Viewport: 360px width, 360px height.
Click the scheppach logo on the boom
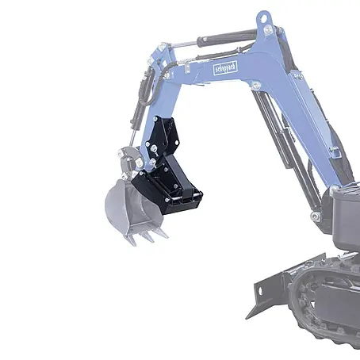pos(225,68)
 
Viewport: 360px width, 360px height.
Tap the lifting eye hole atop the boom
pos(263,19)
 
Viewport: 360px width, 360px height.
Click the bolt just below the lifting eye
pos(268,29)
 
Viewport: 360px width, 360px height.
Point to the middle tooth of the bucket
pos(147,236)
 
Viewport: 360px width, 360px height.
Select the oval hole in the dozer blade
pos(260,292)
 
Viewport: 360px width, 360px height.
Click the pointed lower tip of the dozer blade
pos(246,319)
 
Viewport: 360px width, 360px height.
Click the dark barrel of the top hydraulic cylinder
pos(227,39)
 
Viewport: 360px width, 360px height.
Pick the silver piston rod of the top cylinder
pos(183,44)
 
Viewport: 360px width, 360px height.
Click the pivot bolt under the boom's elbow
pos(256,86)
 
